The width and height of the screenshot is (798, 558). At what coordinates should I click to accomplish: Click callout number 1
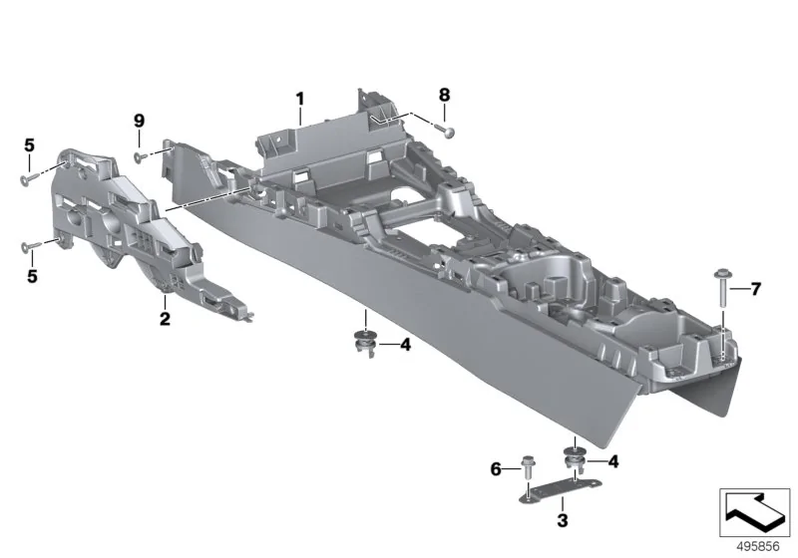[x=300, y=99]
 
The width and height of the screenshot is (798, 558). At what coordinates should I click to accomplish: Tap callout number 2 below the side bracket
[x=165, y=319]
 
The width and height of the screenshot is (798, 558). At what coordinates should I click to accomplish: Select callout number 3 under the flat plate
[x=563, y=520]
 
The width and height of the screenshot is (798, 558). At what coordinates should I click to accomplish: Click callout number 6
[x=496, y=469]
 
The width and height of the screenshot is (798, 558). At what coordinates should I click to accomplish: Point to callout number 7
[x=756, y=289]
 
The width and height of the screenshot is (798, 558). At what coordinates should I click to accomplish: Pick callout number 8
[x=444, y=95]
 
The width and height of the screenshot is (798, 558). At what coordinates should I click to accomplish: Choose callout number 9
[x=139, y=121]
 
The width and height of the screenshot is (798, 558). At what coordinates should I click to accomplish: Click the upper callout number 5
[x=30, y=145]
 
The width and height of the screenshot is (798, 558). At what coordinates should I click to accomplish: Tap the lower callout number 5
[x=32, y=276]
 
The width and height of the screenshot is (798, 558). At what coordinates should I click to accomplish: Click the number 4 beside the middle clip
[x=405, y=345]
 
